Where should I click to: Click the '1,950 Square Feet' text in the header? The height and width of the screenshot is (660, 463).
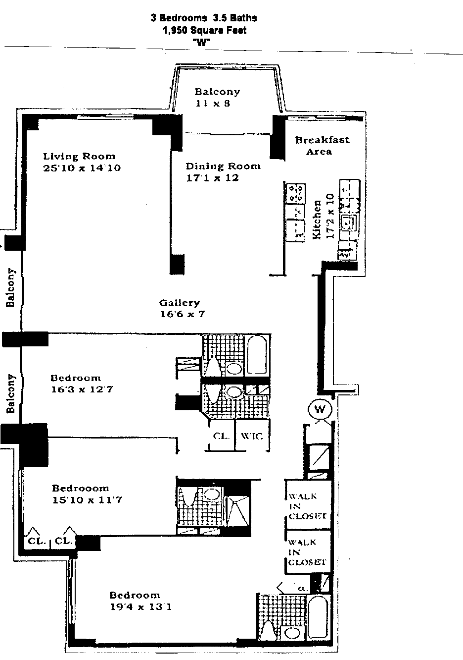(204, 30)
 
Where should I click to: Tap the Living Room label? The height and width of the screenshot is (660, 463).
(79, 157)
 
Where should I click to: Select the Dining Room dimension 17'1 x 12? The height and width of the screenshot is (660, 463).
(212, 178)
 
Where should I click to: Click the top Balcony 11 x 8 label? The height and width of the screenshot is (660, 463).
(217, 98)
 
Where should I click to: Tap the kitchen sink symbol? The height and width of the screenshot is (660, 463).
(349, 222)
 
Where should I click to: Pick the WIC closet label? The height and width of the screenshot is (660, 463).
(253, 437)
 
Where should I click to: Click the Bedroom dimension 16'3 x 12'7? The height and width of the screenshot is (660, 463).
(82, 389)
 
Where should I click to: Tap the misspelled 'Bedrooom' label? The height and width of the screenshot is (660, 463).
(80, 488)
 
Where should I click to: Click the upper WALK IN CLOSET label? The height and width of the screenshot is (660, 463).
(307, 506)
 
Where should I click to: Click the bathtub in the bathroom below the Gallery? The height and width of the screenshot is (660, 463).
(257, 355)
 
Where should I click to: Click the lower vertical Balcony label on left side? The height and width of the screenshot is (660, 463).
(11, 394)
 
